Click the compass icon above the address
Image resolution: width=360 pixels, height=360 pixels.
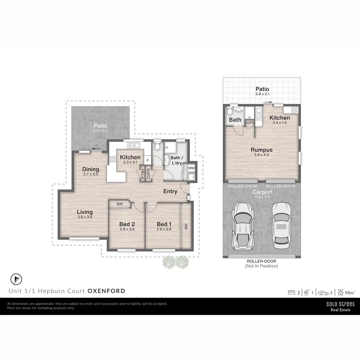[16, 279]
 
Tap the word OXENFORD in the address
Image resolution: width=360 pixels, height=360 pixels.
[106, 291]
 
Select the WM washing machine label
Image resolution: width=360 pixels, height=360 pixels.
[191, 168]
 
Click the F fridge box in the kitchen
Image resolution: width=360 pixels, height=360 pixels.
[147, 160]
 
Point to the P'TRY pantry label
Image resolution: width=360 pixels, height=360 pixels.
[143, 174]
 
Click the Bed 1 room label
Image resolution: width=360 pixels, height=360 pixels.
[164, 224]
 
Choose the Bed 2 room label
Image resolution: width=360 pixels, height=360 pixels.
[127, 224]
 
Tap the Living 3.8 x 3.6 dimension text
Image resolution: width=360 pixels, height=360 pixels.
[84, 217]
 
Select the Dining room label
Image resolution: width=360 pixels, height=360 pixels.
[91, 169]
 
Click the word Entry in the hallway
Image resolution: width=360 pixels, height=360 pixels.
[170, 191]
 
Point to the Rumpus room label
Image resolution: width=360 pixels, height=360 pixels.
[262, 150]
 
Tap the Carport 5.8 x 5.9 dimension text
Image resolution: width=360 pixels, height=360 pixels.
[262, 197]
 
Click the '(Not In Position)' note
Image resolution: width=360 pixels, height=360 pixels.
[261, 266]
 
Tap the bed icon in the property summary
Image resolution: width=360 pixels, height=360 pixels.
[291, 293]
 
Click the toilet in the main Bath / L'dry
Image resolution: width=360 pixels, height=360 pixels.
[158, 146]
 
